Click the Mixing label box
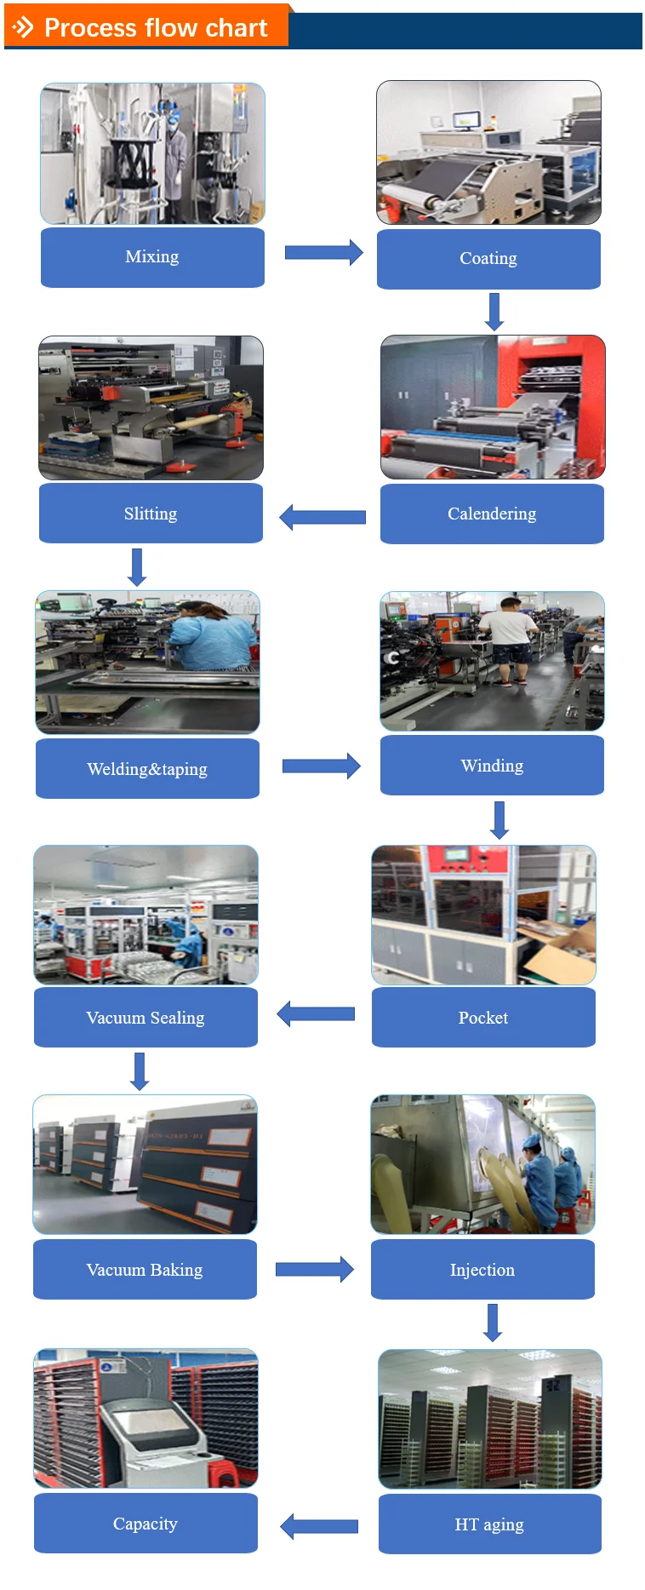pyautogui.click(x=152, y=257)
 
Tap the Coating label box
pyautogui.click(x=488, y=259)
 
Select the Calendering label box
pyautogui.click(x=492, y=514)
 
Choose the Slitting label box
pyautogui.click(x=151, y=513)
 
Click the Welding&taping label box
pyautogui.click(x=147, y=768)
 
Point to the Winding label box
pyautogui.click(x=492, y=766)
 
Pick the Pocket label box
pyautogui.click(x=483, y=1018)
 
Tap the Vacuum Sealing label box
pyautogui.click(x=146, y=1018)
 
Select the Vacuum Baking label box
pyautogui.click(x=145, y=1270)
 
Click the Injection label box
pyautogui.click(x=482, y=1270)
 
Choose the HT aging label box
pyautogui.click(x=489, y=1524)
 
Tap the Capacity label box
pyautogui.click(x=146, y=1524)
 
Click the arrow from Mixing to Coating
pyautogui.click(x=323, y=253)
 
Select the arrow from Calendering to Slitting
pyautogui.click(x=322, y=517)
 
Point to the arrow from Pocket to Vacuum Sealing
pyautogui.click(x=316, y=1013)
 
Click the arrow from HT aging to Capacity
pyautogui.click(x=319, y=1526)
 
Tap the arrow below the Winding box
pyautogui.click(x=499, y=820)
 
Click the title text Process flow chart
pyautogui.click(x=156, y=28)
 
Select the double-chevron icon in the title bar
pyautogui.click(x=24, y=28)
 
